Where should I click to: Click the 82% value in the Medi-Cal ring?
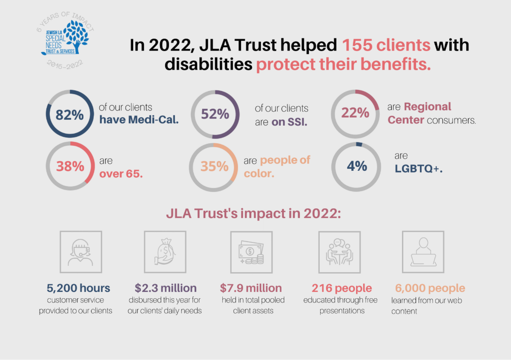pyautogui.click(x=69, y=115)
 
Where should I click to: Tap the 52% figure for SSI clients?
pyautogui.click(x=215, y=115)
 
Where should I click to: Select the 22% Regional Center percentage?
pyautogui.click(x=355, y=113)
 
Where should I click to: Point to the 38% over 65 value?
pyautogui.click(x=70, y=166)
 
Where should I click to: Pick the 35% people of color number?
pyautogui.click(x=214, y=166)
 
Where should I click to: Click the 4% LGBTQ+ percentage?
pyautogui.click(x=356, y=166)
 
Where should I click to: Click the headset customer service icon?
pyautogui.click(x=81, y=252)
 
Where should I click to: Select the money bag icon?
pyautogui.click(x=165, y=252)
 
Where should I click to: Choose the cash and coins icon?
pyautogui.click(x=251, y=252)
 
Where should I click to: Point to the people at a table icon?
pyautogui.click(x=339, y=252)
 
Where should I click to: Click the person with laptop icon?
pyautogui.click(x=423, y=252)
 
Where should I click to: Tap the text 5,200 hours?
pyautogui.click(x=78, y=288)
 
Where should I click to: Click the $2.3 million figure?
pyautogui.click(x=166, y=288)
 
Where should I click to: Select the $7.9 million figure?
pyautogui.click(x=251, y=288)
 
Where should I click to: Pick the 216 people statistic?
pyautogui.click(x=342, y=288)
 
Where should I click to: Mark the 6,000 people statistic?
pyautogui.click(x=430, y=288)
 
